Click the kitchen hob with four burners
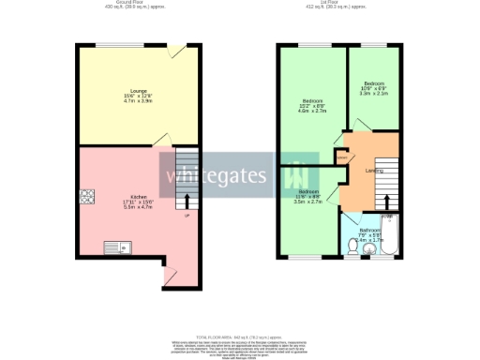pyautogui.click(x=88, y=196)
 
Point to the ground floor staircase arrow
pyautogui.click(x=187, y=200)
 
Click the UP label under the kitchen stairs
pyautogui.click(x=187, y=216)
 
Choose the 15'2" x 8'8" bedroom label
pyautogui.click(x=312, y=105)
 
